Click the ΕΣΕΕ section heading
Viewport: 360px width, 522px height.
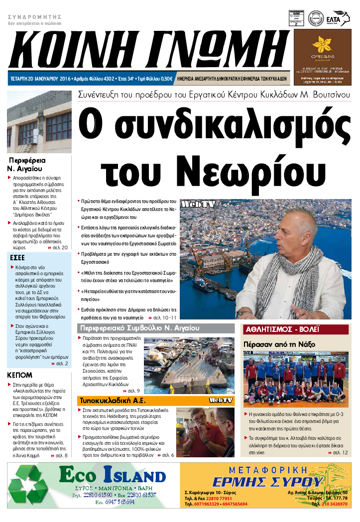[x=18, y=258]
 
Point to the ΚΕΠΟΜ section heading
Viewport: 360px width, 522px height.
[x=20, y=375]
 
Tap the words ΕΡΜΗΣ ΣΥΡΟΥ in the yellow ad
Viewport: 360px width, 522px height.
[x=267, y=482]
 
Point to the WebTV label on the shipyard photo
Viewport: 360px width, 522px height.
[x=198, y=205]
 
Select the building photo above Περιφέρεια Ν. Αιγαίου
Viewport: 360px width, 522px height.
[x=39, y=122]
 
